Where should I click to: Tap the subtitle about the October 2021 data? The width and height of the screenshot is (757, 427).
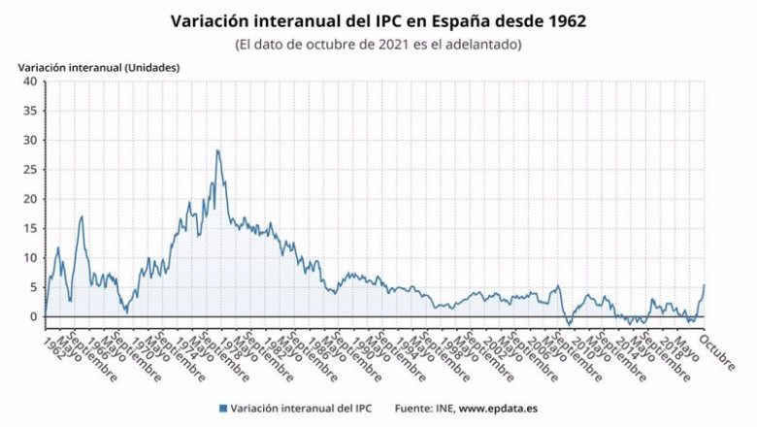tap(378, 45)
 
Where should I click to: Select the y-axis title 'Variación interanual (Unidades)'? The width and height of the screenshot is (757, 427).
tap(99, 67)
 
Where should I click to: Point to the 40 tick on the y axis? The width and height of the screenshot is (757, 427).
tap(30, 82)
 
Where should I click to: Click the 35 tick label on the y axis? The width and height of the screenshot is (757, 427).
tap(30, 111)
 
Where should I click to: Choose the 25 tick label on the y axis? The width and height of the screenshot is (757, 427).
tap(30, 170)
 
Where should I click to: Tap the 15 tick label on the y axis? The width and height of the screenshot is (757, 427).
tap(30, 228)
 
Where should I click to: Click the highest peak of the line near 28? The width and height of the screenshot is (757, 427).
tap(217, 150)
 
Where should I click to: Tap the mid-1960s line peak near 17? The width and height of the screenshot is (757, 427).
tap(82, 216)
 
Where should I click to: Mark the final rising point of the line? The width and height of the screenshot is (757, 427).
tap(704, 285)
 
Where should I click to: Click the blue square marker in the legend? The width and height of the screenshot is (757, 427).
tap(222, 409)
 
